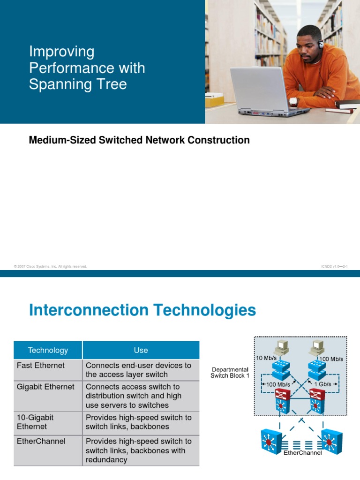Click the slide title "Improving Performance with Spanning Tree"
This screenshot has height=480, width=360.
[87, 68]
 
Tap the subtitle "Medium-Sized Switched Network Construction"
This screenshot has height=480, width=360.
[139, 140]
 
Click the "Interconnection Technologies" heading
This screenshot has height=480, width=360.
[142, 310]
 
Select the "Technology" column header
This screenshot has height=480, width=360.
[48, 350]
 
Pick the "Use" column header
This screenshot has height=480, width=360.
[141, 350]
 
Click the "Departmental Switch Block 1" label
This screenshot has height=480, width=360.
[230, 373]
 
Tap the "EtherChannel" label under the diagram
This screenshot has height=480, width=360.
[302, 453]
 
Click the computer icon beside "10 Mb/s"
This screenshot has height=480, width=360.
[283, 347]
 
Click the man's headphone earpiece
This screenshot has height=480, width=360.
[321, 45]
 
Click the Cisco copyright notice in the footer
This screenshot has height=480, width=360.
[51, 266]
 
